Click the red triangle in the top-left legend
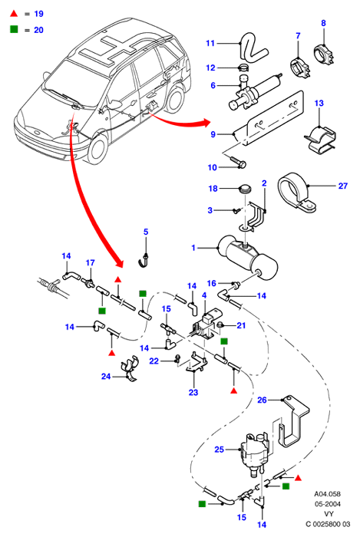point(14,14)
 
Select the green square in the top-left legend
point(14,29)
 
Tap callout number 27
point(343,186)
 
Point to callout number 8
point(323,23)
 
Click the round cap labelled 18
point(245,189)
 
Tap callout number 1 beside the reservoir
point(193,248)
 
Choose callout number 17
point(90,262)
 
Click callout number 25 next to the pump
point(220,450)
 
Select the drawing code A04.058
point(328,494)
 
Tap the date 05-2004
point(328,504)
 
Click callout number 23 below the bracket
point(193,393)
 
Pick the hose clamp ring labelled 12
point(244,68)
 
